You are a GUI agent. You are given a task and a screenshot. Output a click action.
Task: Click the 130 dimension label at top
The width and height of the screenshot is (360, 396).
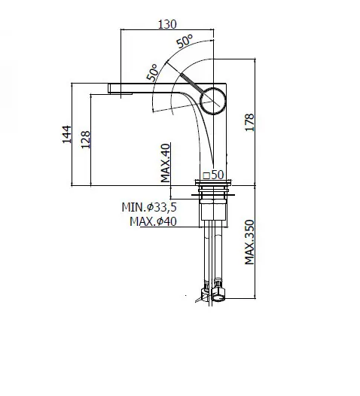[167, 24]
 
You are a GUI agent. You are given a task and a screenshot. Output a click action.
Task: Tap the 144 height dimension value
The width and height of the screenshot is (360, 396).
[67, 134]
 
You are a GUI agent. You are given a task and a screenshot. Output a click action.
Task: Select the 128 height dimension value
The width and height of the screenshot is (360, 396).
[85, 139]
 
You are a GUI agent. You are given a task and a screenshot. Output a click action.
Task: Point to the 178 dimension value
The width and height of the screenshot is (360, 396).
[249, 122]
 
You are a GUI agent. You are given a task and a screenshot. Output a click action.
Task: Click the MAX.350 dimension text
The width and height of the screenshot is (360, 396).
[249, 242]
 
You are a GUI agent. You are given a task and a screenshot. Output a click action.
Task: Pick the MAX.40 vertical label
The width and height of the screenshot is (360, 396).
[166, 163]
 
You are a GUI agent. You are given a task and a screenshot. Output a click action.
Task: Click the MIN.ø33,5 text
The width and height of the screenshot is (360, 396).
[149, 207]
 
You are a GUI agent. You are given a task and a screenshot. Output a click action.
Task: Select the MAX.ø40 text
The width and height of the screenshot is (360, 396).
[153, 221]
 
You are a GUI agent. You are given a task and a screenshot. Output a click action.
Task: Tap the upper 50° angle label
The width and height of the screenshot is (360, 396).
[185, 41]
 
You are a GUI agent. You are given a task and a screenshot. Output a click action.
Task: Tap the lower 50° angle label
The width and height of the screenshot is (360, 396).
[153, 73]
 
